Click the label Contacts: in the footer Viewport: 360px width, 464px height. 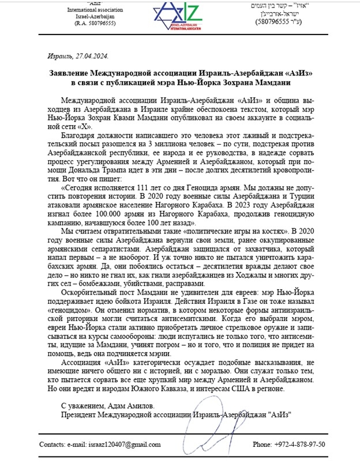coord(54,444)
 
